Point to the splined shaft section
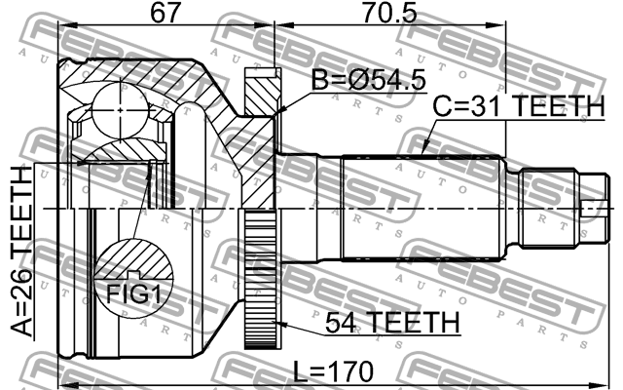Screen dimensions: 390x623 [423, 209]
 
